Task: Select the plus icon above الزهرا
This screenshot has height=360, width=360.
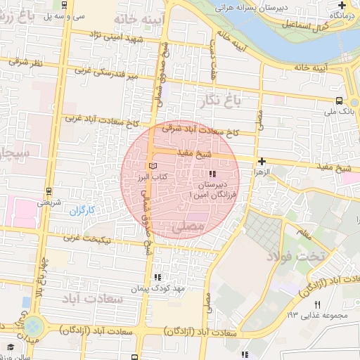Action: pos(262,161)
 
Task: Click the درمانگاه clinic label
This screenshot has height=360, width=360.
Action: pos(342,14)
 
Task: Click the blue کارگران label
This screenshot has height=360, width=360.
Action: pos(82,210)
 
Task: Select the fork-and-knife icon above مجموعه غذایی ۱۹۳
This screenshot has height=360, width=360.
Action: pos(318,304)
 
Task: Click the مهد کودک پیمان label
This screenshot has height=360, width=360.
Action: pos(157,289)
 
